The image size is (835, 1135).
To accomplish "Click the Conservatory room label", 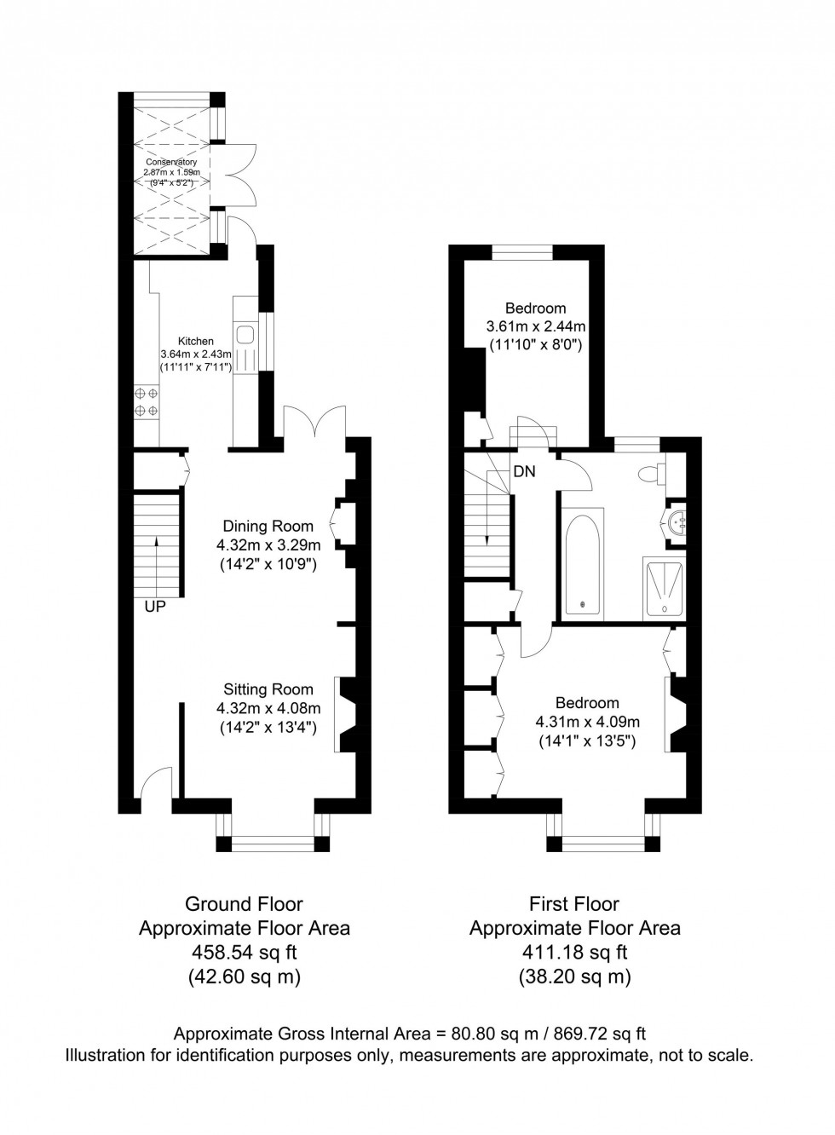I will (171, 162).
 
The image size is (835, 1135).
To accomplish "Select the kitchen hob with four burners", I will (146, 402).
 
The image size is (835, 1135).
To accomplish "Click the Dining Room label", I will (268, 526).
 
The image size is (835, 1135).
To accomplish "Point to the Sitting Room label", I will (268, 689).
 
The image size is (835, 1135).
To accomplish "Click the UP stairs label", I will (154, 608).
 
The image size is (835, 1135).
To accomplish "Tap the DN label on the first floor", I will (524, 471).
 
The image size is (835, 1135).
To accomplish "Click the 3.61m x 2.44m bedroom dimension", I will (535, 326).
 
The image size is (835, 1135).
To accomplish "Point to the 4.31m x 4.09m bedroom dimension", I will (587, 721).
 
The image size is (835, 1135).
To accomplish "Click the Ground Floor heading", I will (244, 904).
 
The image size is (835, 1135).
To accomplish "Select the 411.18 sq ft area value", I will (574, 953).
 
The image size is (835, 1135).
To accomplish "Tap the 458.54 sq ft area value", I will (244, 953).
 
